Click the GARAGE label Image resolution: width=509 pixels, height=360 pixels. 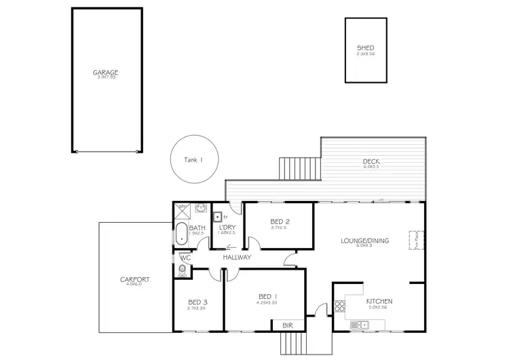point(106,72)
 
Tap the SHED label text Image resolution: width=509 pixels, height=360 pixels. point(365,48)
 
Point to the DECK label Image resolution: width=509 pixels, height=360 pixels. point(372,162)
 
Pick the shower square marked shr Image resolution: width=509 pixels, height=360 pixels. point(181,209)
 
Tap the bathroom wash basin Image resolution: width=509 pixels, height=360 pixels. point(200,209)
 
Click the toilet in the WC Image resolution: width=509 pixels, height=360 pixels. point(182,270)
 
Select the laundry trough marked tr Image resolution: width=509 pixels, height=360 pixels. point(217,217)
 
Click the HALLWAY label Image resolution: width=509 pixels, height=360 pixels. point(238,257)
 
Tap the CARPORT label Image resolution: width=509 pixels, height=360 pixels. point(134,280)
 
